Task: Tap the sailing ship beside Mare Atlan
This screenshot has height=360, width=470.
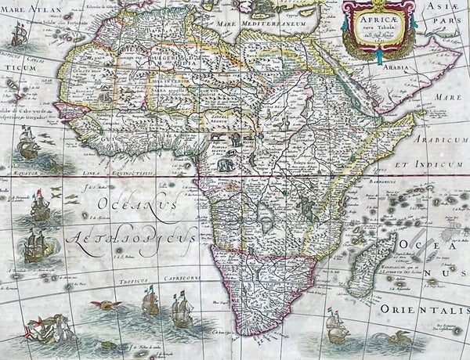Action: [x=20, y=34]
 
